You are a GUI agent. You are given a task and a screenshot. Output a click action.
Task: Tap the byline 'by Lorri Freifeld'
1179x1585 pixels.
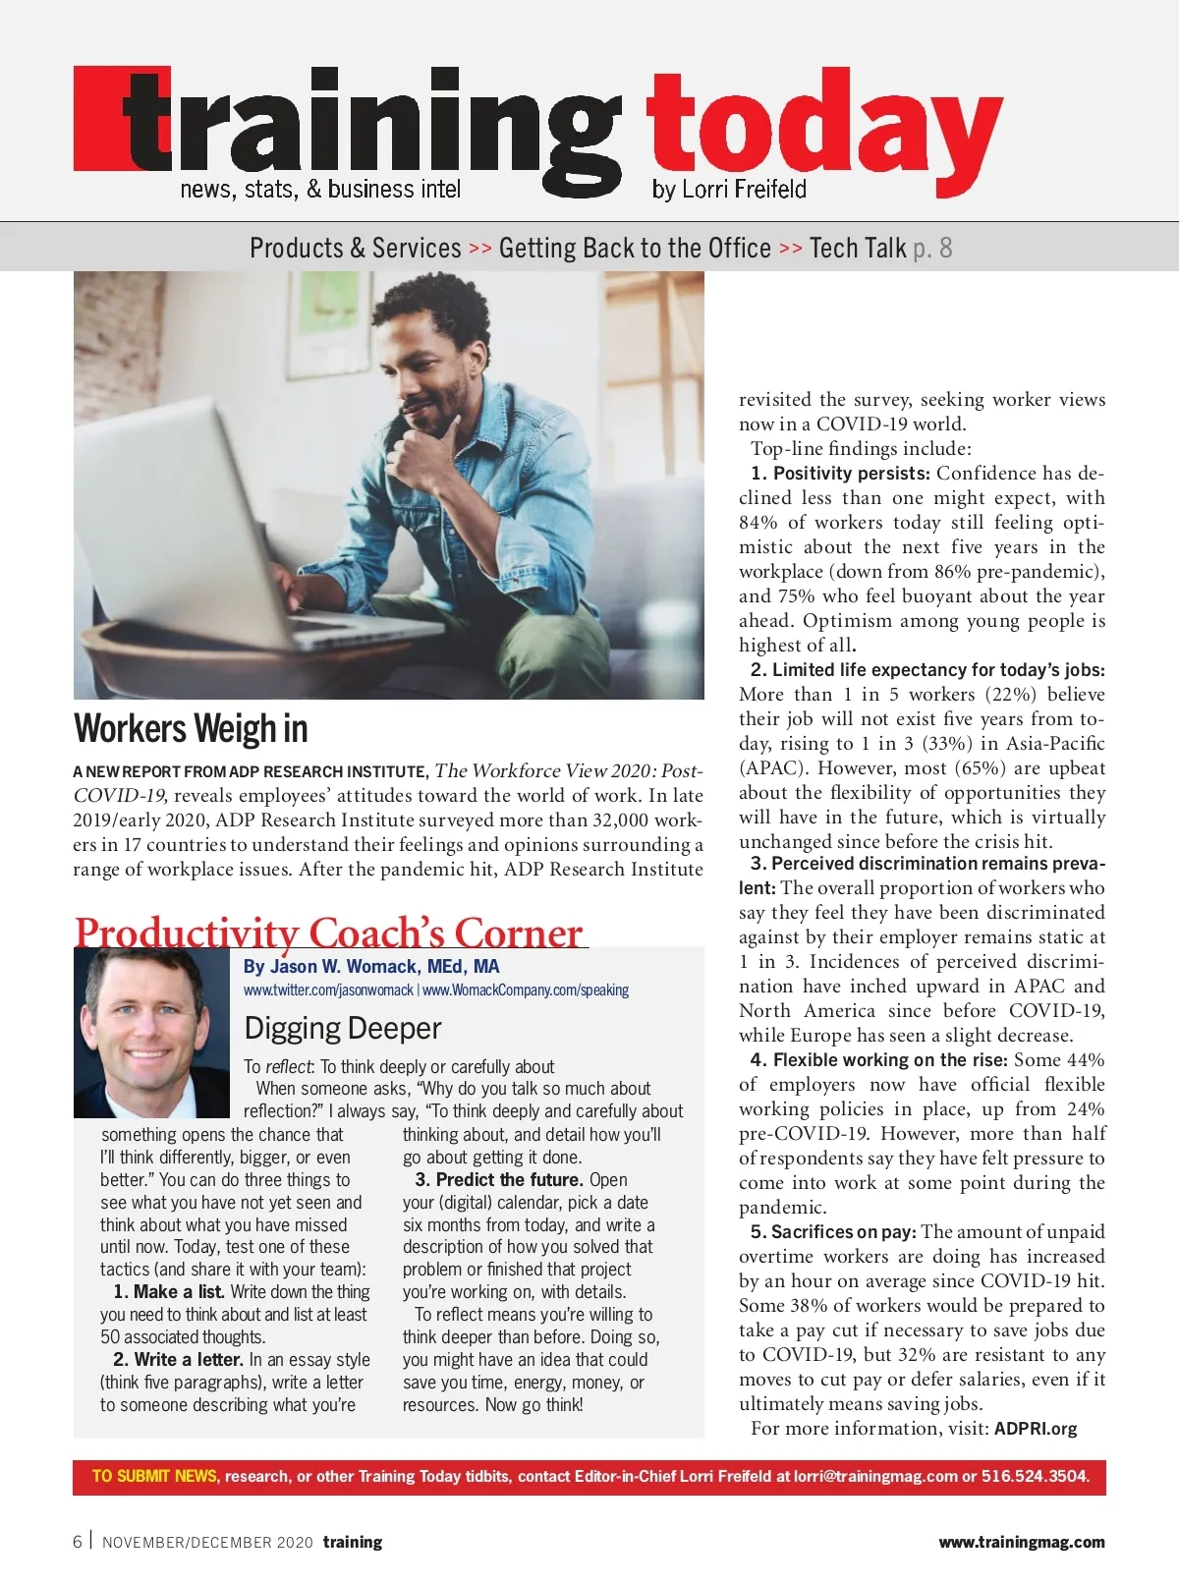click(x=728, y=189)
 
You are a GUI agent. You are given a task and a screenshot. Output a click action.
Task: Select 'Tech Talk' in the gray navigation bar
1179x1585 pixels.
click(x=857, y=248)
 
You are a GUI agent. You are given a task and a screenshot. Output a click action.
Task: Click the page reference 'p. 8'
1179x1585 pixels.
click(x=931, y=248)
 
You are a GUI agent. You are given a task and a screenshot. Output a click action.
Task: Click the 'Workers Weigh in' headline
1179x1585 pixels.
click(x=191, y=729)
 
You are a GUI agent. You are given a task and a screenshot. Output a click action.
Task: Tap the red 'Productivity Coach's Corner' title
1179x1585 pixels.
click(x=328, y=932)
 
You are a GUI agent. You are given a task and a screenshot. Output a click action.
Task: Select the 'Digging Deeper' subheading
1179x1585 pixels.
click(x=342, y=1028)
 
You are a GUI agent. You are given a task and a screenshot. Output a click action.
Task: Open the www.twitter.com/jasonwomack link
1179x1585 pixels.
click(x=328, y=991)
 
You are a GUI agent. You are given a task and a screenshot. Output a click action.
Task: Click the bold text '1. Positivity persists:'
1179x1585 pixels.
click(x=840, y=474)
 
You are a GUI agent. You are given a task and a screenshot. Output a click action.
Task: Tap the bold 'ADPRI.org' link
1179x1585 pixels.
click(x=1035, y=1429)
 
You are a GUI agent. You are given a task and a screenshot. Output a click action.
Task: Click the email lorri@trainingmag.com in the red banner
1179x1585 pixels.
click(x=875, y=1476)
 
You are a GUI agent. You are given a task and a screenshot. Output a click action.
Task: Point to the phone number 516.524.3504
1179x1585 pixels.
click(x=1035, y=1476)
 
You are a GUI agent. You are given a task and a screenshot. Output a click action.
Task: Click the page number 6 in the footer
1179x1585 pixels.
click(x=78, y=1542)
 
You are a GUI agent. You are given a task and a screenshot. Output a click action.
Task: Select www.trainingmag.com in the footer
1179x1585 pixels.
click(x=1021, y=1542)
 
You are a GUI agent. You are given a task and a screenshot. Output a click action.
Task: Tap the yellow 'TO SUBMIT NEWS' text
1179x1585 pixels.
click(x=154, y=1476)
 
